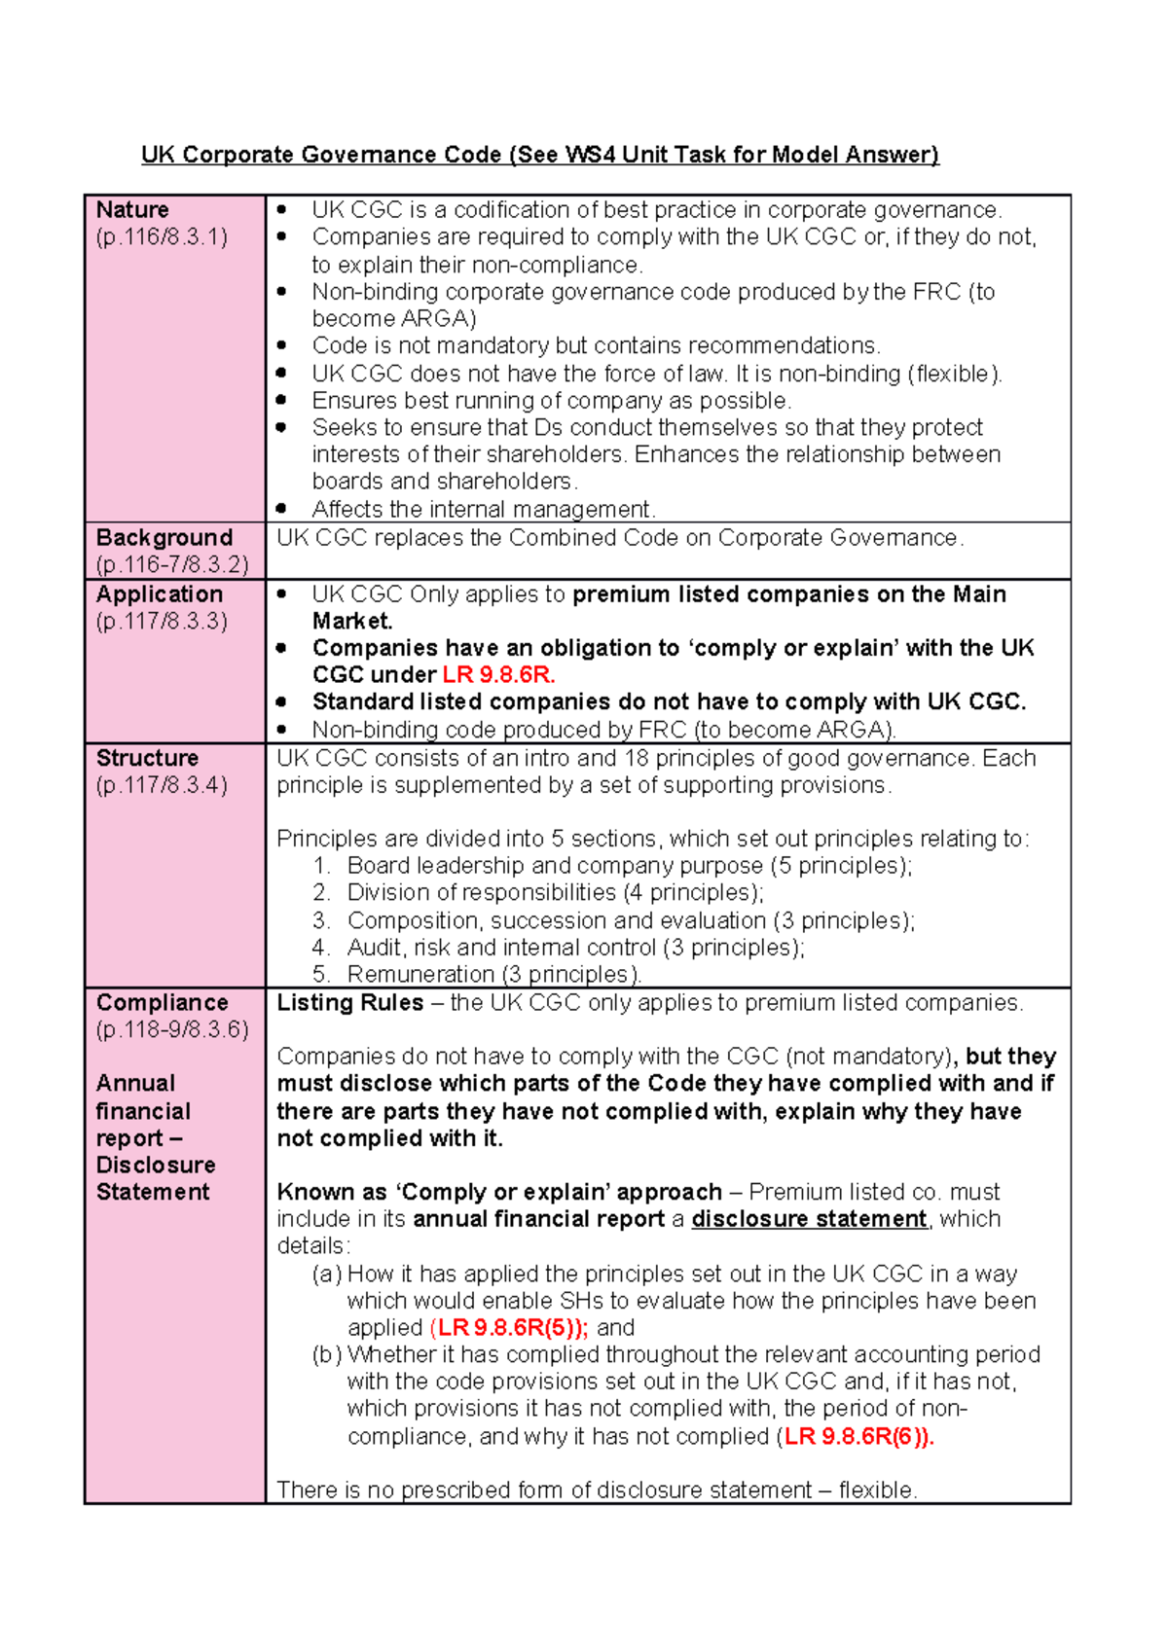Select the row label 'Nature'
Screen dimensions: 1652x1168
132,210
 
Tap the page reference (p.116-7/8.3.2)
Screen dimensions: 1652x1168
172,564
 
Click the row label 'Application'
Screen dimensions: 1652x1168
160,594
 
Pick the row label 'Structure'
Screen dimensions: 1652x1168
147,758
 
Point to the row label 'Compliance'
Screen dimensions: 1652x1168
163,1003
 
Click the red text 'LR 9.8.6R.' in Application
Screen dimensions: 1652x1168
498,675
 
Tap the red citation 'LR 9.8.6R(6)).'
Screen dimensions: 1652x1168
859,1437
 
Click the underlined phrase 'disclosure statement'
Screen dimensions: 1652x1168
809,1219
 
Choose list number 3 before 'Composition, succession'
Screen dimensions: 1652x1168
321,920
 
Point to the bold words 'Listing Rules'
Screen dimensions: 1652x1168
350,1003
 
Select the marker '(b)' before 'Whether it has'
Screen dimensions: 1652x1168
327,1355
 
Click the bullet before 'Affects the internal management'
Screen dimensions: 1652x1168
281,509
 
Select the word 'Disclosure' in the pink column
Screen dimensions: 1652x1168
156,1166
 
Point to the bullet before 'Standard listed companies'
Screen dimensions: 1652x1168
281,702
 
